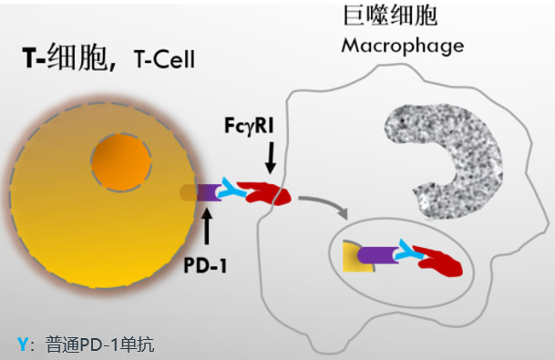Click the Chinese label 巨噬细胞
pos(390,15)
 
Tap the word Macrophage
pos(403,46)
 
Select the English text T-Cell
pos(164,59)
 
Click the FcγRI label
pos(249,126)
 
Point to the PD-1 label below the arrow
pos(205,265)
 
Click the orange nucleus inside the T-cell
pos(121,162)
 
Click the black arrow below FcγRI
pos(271,158)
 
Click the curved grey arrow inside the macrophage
pos(325,202)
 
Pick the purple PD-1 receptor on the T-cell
pos(208,193)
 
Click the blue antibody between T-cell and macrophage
pos(232,188)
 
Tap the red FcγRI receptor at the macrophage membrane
pos(263,193)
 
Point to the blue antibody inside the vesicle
pos(409,250)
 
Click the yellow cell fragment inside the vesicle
pos(355,257)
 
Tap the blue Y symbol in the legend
pos(22,345)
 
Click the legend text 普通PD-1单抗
pos(100,345)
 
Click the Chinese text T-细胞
pos(65,57)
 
